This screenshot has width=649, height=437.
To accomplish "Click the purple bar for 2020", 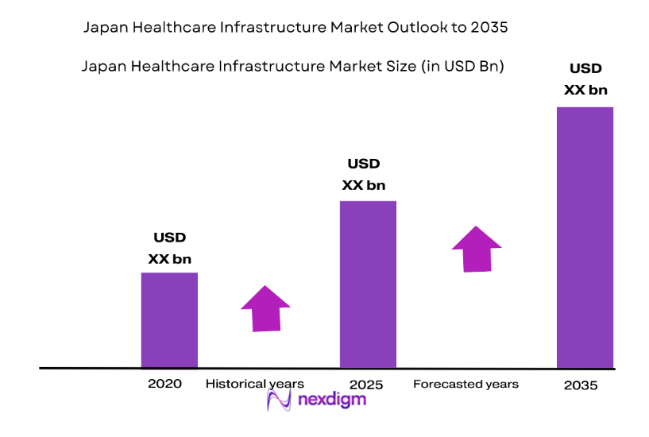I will [169, 320].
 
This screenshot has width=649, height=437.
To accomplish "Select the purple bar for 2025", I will [368, 284].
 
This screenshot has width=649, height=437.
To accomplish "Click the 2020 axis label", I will [164, 383].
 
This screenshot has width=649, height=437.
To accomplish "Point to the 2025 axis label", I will [365, 385].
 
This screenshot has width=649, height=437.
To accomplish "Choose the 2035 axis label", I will [580, 385].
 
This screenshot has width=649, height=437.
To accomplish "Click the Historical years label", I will [254, 384].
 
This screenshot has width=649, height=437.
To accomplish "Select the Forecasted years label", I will [466, 384].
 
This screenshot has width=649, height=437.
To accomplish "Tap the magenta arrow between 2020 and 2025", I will [265, 307].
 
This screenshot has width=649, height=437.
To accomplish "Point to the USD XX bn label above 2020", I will [169, 248].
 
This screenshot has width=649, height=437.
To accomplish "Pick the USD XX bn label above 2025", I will [364, 175].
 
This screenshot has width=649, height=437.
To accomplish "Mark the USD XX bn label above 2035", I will [585, 79].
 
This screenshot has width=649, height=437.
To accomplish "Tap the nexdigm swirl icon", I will [280, 400].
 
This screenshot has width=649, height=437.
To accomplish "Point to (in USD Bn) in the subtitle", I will [460, 67].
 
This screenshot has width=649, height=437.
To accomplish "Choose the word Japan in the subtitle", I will [103, 67].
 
